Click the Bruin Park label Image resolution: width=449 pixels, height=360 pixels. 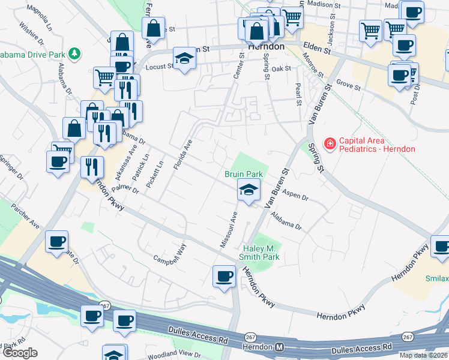coord(244,174)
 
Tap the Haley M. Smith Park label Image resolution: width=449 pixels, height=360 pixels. coord(262,253)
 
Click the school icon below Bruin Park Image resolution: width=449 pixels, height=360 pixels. coord(249,190)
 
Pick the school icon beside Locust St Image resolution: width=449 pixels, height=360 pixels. coord(185,58)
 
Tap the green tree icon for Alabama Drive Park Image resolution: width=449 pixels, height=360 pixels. coord(74,54)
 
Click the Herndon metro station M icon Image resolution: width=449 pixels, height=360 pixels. coord(280,347)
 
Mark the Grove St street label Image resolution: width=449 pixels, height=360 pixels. coord(348,86)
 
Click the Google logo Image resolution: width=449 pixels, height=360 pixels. coord(19,353)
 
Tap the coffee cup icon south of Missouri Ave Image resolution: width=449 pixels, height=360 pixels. coord(224,277)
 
